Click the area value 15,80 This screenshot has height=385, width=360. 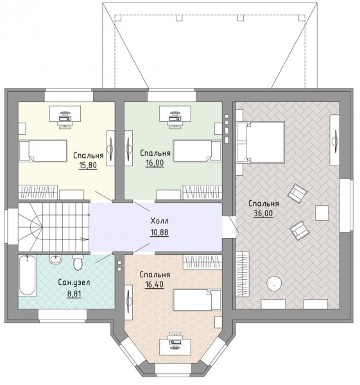[88, 166]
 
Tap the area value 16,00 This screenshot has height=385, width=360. [155, 163]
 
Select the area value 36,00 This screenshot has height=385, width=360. [263, 214]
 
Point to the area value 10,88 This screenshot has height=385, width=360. [159, 232]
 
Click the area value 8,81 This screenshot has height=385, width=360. [74, 294]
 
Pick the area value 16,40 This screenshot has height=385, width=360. [154, 284]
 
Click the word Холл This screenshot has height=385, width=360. [159, 221]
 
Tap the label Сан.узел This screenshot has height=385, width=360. [74, 282]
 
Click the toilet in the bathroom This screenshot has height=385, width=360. [78, 262]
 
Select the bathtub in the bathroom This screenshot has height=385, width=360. [27, 275]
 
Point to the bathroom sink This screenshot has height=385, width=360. [55, 259]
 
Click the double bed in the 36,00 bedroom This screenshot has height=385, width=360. [261, 142]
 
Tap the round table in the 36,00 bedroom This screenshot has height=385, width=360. [274, 284]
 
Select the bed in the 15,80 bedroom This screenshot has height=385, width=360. [43, 151]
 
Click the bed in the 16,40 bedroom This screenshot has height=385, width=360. [197, 300]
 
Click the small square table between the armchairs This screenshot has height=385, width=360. [322, 213]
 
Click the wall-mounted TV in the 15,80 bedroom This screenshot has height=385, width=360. [110, 149]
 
